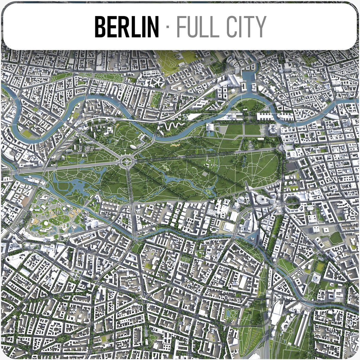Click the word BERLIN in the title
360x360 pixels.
click(x=127, y=27)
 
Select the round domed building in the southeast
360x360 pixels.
click(x=315, y=277)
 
